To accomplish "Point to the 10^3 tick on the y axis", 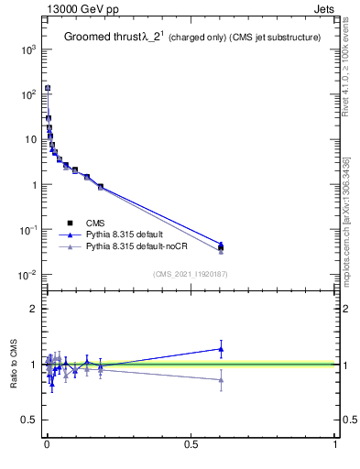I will point(27,49).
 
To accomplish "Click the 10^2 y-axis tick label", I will point(27,94).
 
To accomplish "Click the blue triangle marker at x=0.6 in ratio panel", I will point(221,348).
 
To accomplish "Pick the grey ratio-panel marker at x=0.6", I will point(221,380).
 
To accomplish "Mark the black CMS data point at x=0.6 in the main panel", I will point(221,247).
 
